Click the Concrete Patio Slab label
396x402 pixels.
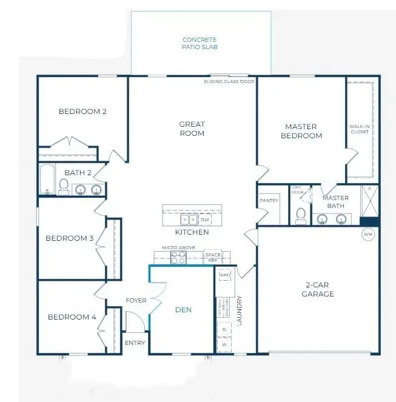200,43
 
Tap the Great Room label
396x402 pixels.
192,129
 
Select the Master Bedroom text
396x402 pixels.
301,131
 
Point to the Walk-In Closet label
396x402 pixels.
359,129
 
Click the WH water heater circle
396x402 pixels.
367,234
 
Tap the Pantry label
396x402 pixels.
268,200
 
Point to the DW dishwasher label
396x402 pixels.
204,220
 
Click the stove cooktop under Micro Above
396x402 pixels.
178,258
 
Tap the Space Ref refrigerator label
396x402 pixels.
212,256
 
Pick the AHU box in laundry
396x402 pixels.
225,275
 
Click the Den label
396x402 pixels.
183,310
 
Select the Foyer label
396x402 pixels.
135,301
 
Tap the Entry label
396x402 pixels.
135,343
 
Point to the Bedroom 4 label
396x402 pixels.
72,317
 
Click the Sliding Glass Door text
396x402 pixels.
230,81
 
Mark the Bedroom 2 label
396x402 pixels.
82,112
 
